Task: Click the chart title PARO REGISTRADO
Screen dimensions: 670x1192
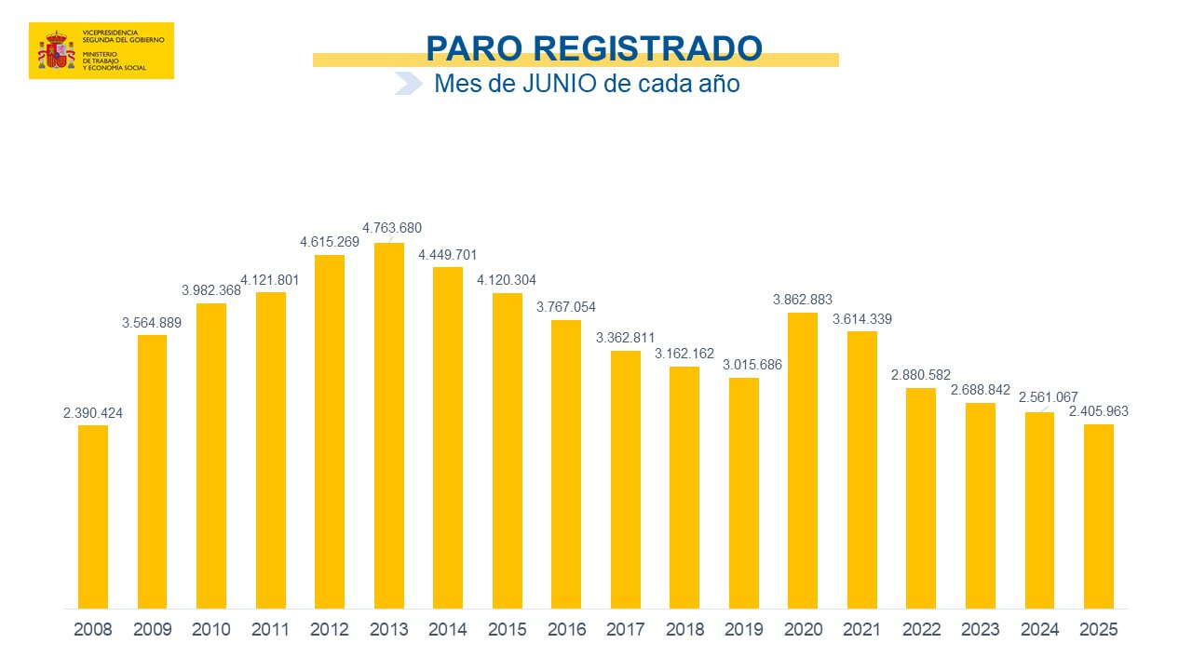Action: [x=593, y=48]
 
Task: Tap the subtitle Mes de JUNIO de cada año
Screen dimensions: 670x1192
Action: [x=587, y=84]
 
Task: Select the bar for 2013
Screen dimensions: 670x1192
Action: [x=389, y=425]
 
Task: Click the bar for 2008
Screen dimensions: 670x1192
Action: [x=93, y=516]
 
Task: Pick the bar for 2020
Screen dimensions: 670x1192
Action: [x=803, y=461]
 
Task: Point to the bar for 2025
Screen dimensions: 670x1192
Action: [x=1098, y=516]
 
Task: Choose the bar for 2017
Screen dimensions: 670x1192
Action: [x=626, y=479]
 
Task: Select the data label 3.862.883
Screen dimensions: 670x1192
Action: [x=803, y=300]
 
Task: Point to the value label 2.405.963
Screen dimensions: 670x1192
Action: [x=1099, y=411]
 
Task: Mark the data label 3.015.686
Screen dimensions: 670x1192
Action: [x=752, y=365]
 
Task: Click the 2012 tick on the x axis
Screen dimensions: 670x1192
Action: [x=330, y=630]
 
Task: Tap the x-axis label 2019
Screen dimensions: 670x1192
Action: [x=744, y=630]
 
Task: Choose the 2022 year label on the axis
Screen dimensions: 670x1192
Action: [x=921, y=630]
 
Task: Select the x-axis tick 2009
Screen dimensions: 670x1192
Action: [x=153, y=630]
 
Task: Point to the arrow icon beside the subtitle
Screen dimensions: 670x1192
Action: [x=409, y=84]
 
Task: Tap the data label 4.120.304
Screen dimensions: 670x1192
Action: [x=507, y=280]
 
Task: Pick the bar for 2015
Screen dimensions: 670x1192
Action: [x=508, y=451]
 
